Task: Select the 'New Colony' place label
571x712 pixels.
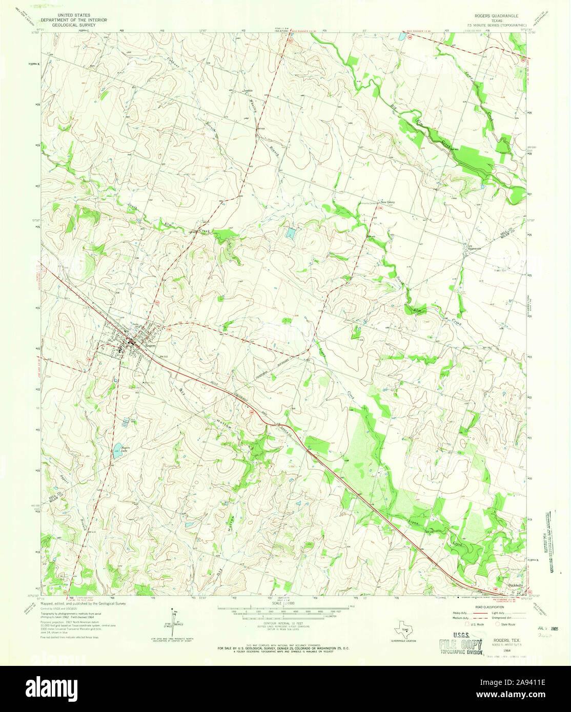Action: pos(387,201)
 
